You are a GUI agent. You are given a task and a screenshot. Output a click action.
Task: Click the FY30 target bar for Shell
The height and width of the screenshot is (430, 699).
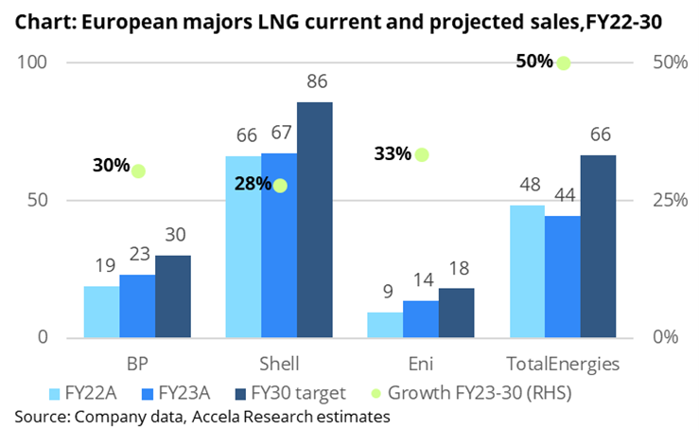tap(315, 220)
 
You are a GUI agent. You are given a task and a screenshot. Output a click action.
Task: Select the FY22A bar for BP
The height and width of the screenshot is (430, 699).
tap(101, 312)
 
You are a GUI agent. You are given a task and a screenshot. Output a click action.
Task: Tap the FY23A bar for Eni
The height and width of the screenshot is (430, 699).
tap(421, 319)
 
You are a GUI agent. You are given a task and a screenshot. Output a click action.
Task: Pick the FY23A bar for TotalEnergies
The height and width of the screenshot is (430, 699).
tap(563, 277)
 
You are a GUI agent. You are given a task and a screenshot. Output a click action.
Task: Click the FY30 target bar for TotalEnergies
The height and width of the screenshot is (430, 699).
tap(598, 246)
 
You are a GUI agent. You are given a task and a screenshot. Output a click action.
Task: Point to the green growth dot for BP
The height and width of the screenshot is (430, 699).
tap(139, 171)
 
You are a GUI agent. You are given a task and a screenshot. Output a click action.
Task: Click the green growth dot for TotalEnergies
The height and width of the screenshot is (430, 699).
tap(564, 63)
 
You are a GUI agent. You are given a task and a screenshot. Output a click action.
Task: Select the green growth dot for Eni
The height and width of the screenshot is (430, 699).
tap(422, 154)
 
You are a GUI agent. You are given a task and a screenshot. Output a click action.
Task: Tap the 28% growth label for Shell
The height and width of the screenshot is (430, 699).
tap(252, 185)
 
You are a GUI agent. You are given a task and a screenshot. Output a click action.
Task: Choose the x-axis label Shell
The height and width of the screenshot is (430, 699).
tap(279, 365)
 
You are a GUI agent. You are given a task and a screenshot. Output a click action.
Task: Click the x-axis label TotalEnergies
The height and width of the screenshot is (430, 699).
tap(564, 365)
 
